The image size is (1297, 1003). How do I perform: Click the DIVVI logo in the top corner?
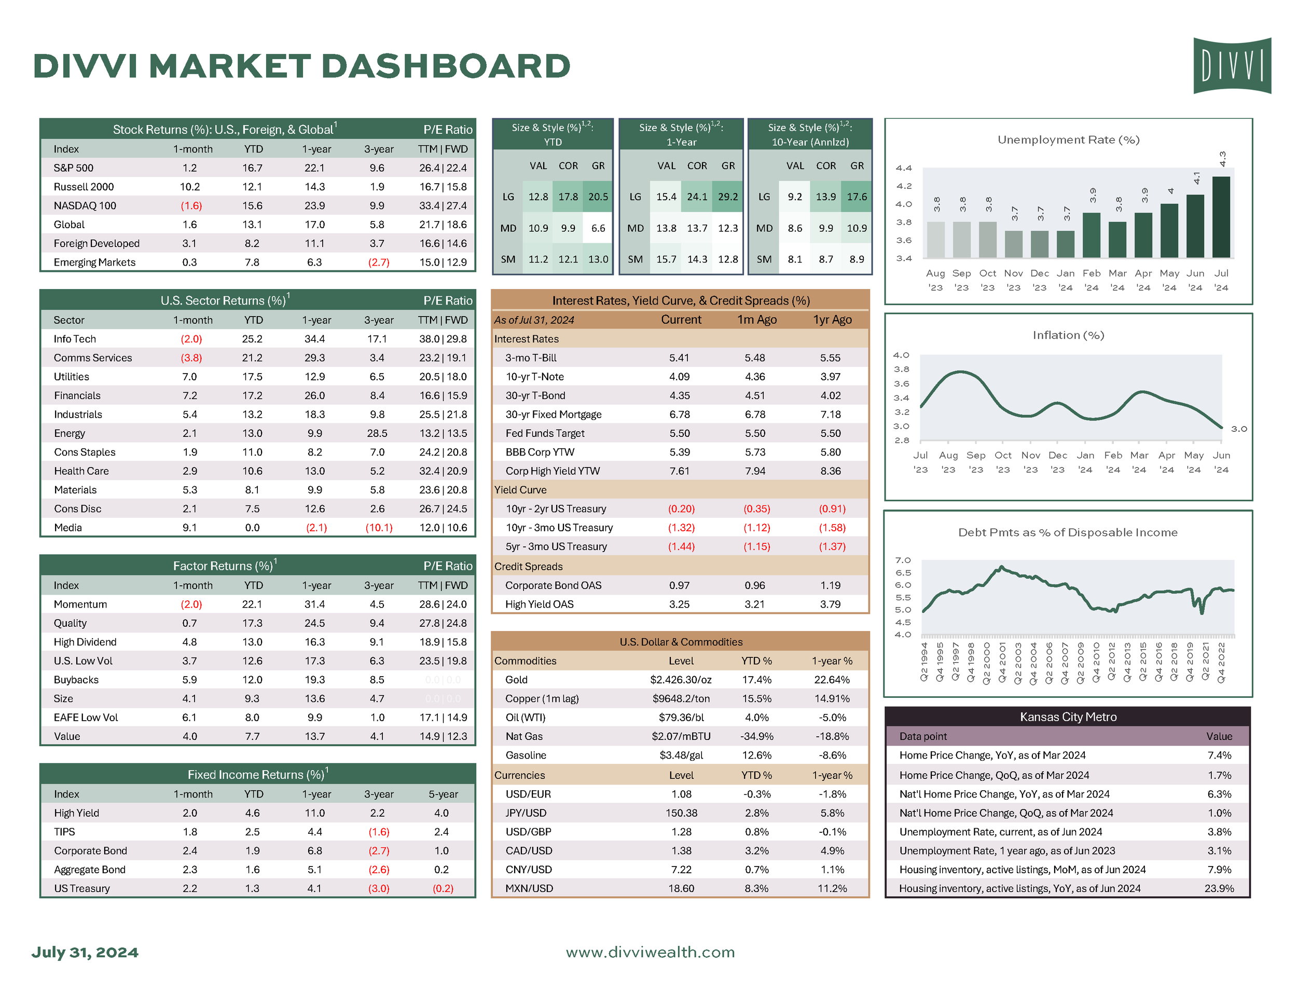pyautogui.click(x=1232, y=65)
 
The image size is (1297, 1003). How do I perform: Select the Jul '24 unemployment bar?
pyautogui.click(x=1220, y=217)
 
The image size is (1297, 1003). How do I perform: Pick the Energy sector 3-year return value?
pyautogui.click(x=377, y=433)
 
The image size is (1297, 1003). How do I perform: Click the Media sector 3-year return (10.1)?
pyautogui.click(x=378, y=528)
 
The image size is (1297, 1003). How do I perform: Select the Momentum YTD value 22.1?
pyautogui.click(x=252, y=604)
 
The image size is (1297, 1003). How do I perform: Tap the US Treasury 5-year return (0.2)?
pyautogui.click(x=443, y=889)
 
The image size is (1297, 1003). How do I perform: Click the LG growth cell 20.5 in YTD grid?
pyautogui.click(x=598, y=197)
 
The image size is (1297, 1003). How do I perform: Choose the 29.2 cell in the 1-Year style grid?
pyautogui.click(x=727, y=197)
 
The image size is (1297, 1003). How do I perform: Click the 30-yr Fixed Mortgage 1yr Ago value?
pyautogui.click(x=830, y=415)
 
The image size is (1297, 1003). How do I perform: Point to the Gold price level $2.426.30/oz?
pyautogui.click(x=681, y=680)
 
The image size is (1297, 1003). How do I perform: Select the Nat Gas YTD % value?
pyautogui.click(x=756, y=737)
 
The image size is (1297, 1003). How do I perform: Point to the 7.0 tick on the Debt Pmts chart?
pyautogui.click(x=903, y=560)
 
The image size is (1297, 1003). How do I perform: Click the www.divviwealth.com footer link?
pyautogui.click(x=650, y=953)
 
